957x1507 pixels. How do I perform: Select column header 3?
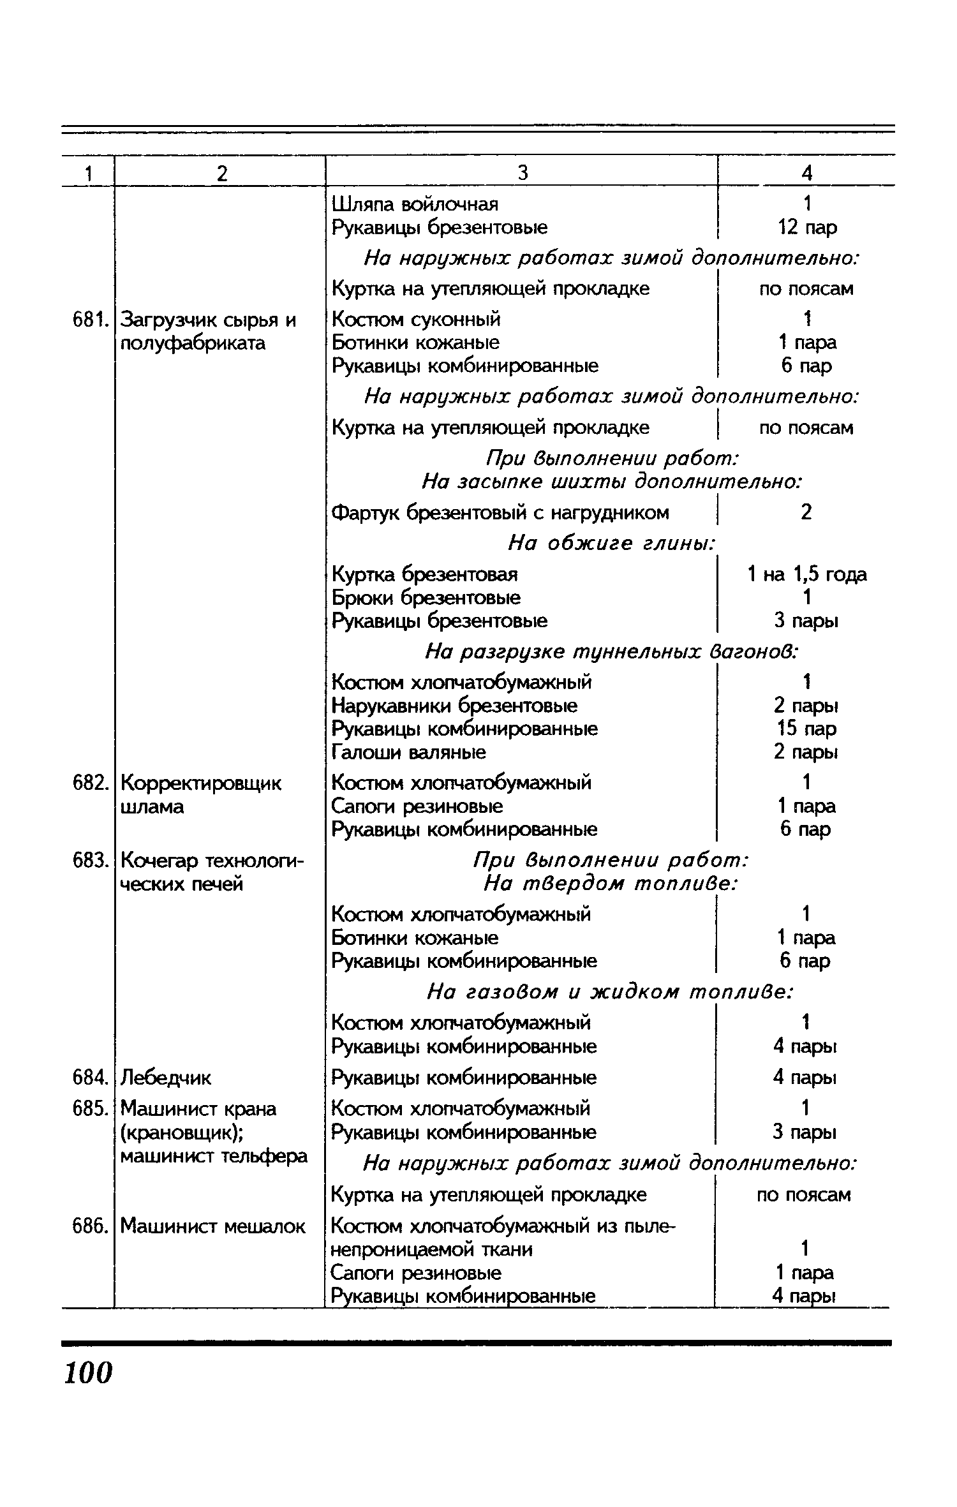(523, 172)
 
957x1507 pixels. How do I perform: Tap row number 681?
(87, 319)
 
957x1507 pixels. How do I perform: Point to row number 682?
(87, 783)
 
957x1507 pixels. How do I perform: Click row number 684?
(87, 1078)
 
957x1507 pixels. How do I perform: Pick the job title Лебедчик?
(165, 1078)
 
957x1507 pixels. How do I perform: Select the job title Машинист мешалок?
(213, 1226)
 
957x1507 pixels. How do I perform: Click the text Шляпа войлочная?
(415, 204)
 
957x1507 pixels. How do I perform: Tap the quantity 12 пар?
(807, 227)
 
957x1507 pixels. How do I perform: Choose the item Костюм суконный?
(417, 319)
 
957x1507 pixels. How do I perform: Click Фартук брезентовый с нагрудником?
(501, 512)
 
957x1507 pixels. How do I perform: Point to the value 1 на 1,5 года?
(807, 575)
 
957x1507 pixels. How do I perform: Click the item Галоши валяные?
(409, 752)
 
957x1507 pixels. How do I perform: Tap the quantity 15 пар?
(807, 729)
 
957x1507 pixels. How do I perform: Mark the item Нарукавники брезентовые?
(455, 706)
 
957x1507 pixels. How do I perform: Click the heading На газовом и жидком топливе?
(610, 992)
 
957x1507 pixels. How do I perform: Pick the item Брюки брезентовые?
(426, 598)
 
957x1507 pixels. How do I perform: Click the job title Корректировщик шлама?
(201, 794)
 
